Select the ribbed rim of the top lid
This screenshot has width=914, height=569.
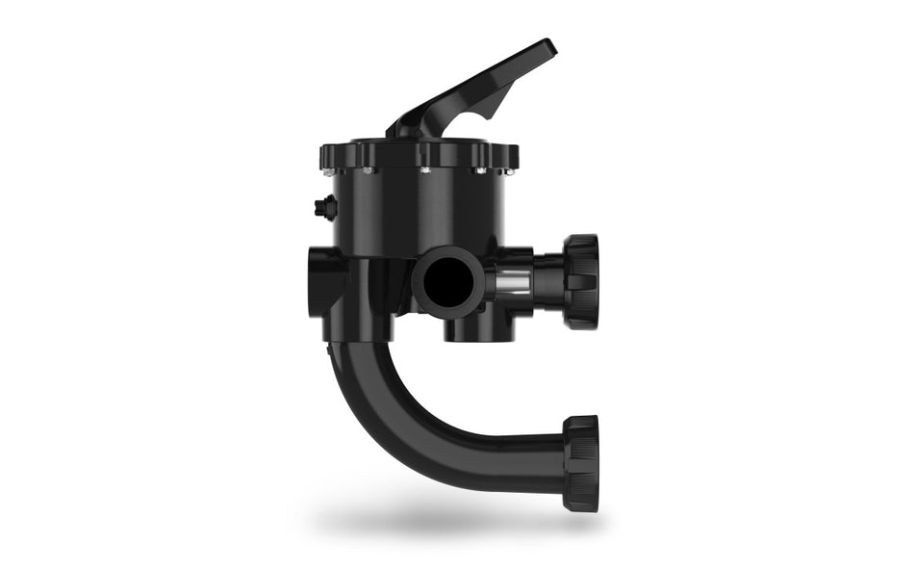click(418, 154)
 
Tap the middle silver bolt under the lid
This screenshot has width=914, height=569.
click(423, 172)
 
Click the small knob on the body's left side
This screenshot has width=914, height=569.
click(322, 205)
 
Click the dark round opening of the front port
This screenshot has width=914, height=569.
click(444, 280)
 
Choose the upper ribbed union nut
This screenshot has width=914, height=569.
click(581, 280)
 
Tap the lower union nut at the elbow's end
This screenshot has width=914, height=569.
click(581, 463)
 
